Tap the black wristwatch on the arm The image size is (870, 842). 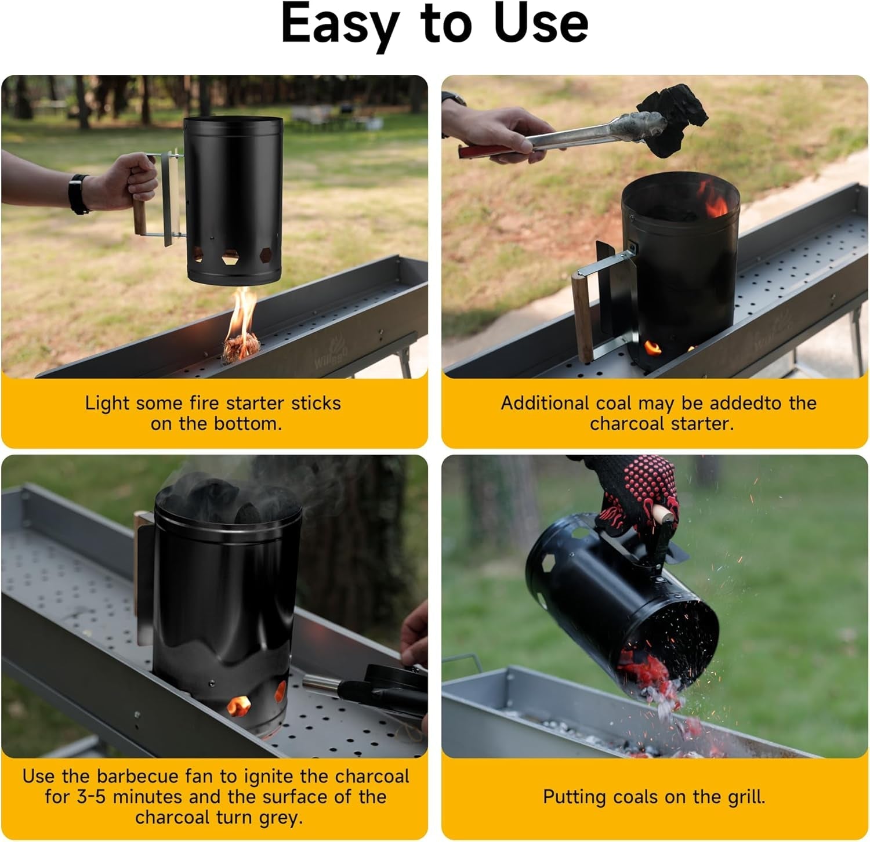(x=79, y=194)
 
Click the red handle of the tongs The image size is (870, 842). (x=476, y=151)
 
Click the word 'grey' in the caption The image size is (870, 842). (x=277, y=818)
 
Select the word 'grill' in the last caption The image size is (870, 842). (x=745, y=797)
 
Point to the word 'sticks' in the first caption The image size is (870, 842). (x=316, y=403)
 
